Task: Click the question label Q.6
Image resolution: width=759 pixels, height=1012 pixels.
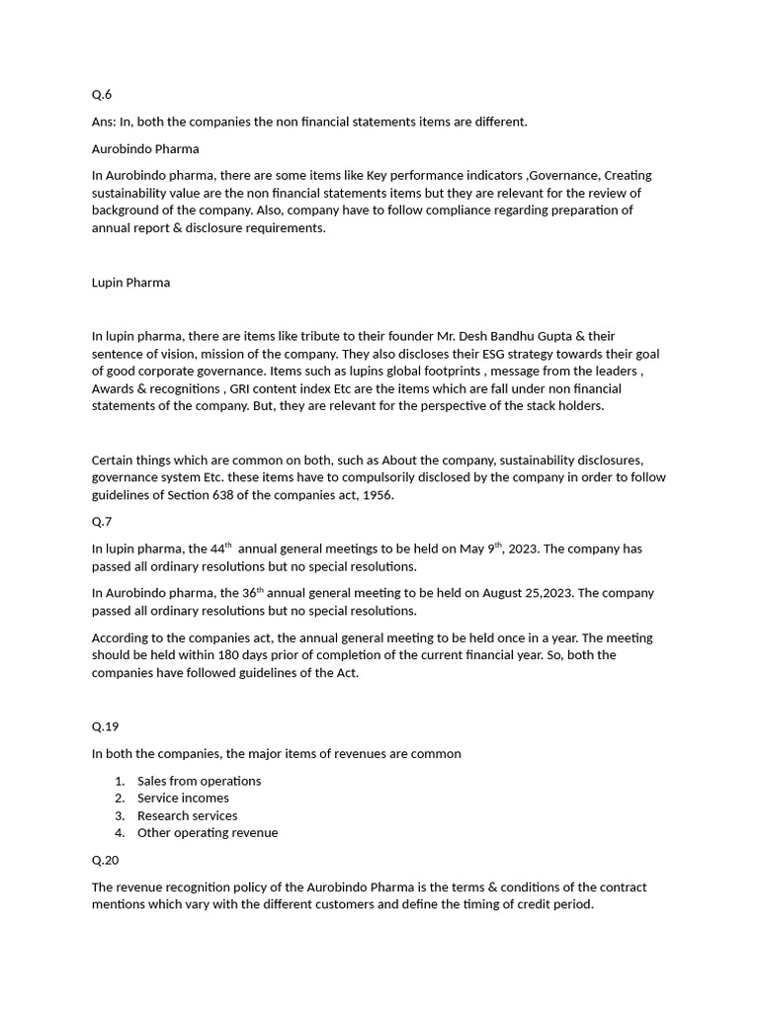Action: (x=102, y=95)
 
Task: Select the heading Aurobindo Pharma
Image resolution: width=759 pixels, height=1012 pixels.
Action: (x=145, y=148)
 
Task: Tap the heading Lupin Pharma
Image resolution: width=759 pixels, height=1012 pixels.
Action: (x=130, y=283)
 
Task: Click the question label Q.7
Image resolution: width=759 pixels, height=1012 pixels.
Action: (x=102, y=522)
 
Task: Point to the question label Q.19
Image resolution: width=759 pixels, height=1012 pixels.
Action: (x=105, y=726)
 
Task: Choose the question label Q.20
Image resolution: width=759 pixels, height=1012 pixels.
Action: (x=105, y=860)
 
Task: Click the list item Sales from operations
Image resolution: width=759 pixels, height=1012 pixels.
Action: (x=199, y=781)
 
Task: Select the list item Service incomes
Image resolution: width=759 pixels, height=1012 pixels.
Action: (x=183, y=798)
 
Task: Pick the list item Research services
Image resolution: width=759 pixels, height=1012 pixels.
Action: (x=187, y=815)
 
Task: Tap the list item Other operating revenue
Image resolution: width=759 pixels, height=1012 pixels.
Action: (x=208, y=832)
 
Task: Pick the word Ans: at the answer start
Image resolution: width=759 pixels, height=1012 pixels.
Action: (x=104, y=122)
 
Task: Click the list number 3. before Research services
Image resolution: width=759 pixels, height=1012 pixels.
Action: (x=120, y=815)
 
